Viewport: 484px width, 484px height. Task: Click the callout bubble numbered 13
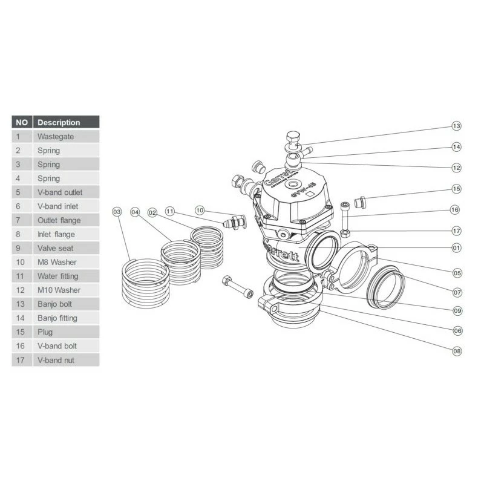(x=457, y=126)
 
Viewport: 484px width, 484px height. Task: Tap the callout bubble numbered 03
(x=117, y=212)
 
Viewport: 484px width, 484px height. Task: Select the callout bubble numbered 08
(x=457, y=350)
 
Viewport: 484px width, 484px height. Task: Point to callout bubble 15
(x=457, y=189)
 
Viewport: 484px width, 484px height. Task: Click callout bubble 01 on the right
(x=457, y=247)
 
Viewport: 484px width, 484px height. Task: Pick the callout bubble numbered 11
(x=170, y=212)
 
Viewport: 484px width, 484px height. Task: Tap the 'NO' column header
(x=22, y=122)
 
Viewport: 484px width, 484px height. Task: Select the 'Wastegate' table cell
(x=56, y=137)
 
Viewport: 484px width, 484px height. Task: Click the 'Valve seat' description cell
(x=56, y=248)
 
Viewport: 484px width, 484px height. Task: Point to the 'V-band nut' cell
(x=56, y=360)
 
